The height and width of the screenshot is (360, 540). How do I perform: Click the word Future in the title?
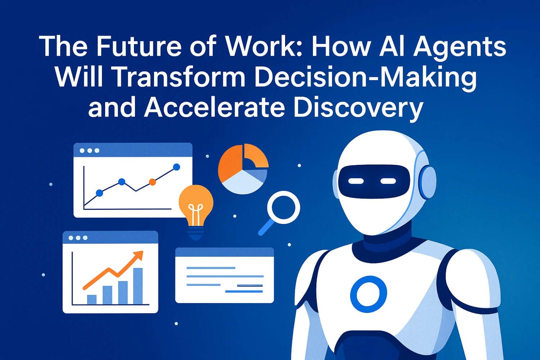point(139,47)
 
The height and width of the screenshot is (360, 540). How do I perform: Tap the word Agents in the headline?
point(460,47)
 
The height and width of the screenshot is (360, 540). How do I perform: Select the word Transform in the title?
point(178,77)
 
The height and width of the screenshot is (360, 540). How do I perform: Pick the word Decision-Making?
point(365,77)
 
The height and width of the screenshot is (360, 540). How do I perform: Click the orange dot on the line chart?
point(152,182)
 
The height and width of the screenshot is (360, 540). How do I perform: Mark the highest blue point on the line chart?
point(176,167)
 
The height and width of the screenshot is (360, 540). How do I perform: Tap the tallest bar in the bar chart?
point(138,286)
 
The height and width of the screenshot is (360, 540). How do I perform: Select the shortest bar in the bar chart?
point(92,300)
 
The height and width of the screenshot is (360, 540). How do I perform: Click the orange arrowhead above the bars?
point(138,256)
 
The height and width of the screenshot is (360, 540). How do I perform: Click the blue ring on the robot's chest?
point(369,294)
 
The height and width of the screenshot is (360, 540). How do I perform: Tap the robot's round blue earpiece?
point(428,182)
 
